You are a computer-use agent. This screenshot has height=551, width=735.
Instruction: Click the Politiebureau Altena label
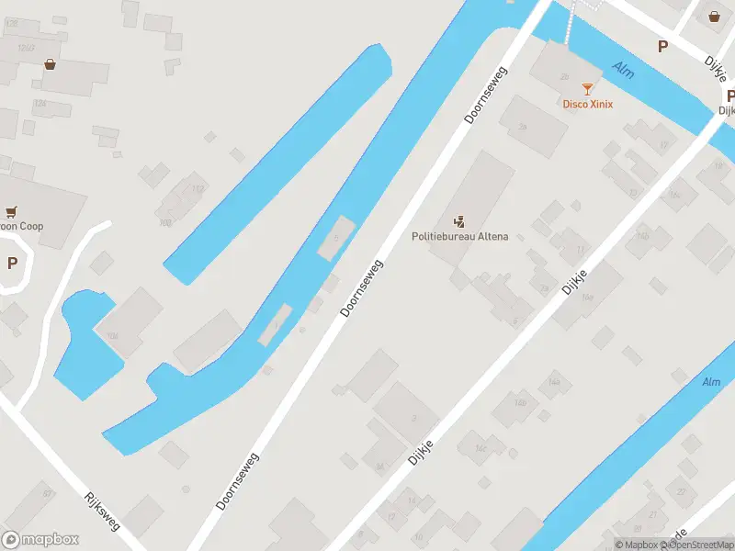pyautogui.click(x=458, y=236)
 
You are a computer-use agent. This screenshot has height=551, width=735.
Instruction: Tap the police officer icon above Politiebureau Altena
pyautogui.click(x=458, y=220)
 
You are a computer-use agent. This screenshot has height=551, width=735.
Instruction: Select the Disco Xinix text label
pyautogui.click(x=587, y=104)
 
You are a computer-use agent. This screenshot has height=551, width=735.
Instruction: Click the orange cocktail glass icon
pyautogui.click(x=587, y=89)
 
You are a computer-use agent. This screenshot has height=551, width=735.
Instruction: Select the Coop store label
pyautogui.click(x=22, y=226)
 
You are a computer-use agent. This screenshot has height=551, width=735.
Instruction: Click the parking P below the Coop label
pyautogui.click(x=12, y=264)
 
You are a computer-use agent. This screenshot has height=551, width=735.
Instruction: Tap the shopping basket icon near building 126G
pyautogui.click(x=50, y=63)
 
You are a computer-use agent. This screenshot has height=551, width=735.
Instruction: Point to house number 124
pyautogui.click(x=40, y=104)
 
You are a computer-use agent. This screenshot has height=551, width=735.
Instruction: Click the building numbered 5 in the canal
pyautogui.click(x=336, y=238)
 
